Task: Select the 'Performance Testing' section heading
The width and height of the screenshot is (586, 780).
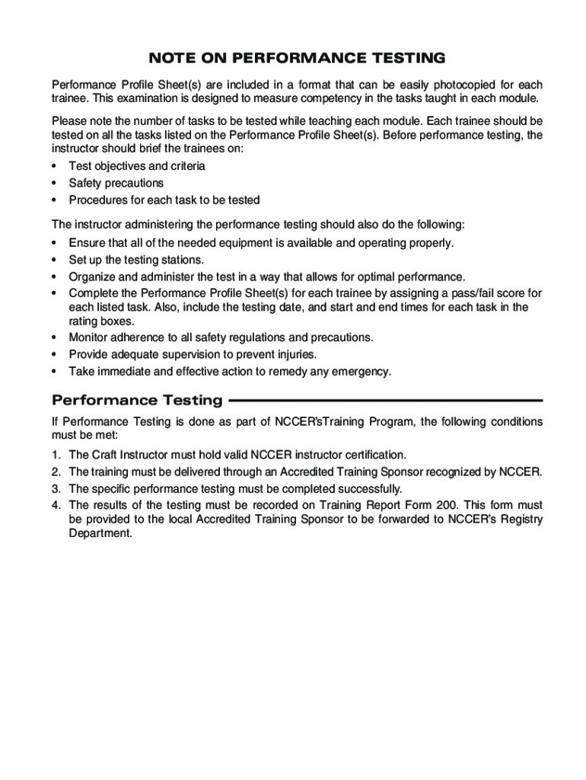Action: tap(137, 401)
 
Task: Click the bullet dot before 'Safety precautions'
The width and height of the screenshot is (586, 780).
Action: tap(55, 184)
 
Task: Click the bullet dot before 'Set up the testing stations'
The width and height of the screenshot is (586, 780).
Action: tap(55, 261)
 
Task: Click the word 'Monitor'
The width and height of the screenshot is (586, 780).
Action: tap(91, 337)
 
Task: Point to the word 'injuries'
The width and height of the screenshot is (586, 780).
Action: tap(294, 354)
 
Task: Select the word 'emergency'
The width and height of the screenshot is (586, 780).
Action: tap(361, 372)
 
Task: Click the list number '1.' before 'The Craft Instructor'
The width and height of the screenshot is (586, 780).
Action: tap(56, 455)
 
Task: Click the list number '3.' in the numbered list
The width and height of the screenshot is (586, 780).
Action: tap(56, 488)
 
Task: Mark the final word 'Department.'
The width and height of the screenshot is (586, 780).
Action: tap(100, 534)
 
